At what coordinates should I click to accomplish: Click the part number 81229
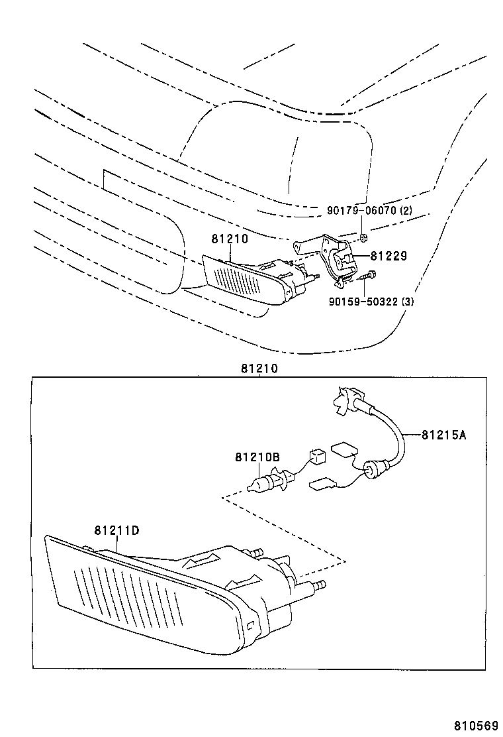point(389,255)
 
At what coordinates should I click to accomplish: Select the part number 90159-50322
point(365,302)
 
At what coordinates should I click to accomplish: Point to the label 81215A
point(443,435)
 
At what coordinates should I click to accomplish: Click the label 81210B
point(257,457)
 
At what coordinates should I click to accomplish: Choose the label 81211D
point(116,530)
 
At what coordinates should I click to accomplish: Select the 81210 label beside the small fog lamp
point(230,239)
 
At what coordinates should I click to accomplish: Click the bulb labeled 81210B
point(269,481)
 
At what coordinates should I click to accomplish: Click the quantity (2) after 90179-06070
point(405,210)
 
